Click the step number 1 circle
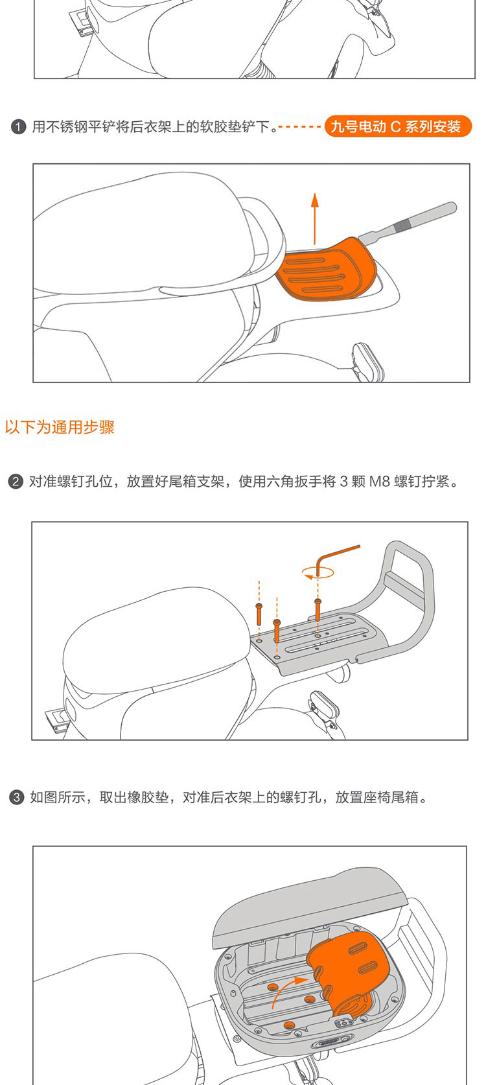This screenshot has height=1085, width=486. click(18, 128)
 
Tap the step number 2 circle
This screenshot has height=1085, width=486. click(16, 482)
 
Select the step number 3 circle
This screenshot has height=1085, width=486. click(16, 797)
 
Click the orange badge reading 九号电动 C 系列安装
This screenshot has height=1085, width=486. click(397, 127)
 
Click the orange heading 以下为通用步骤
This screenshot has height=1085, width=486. click(60, 427)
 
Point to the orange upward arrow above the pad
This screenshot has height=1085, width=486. click(315, 218)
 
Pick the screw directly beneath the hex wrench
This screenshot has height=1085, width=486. click(318, 609)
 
